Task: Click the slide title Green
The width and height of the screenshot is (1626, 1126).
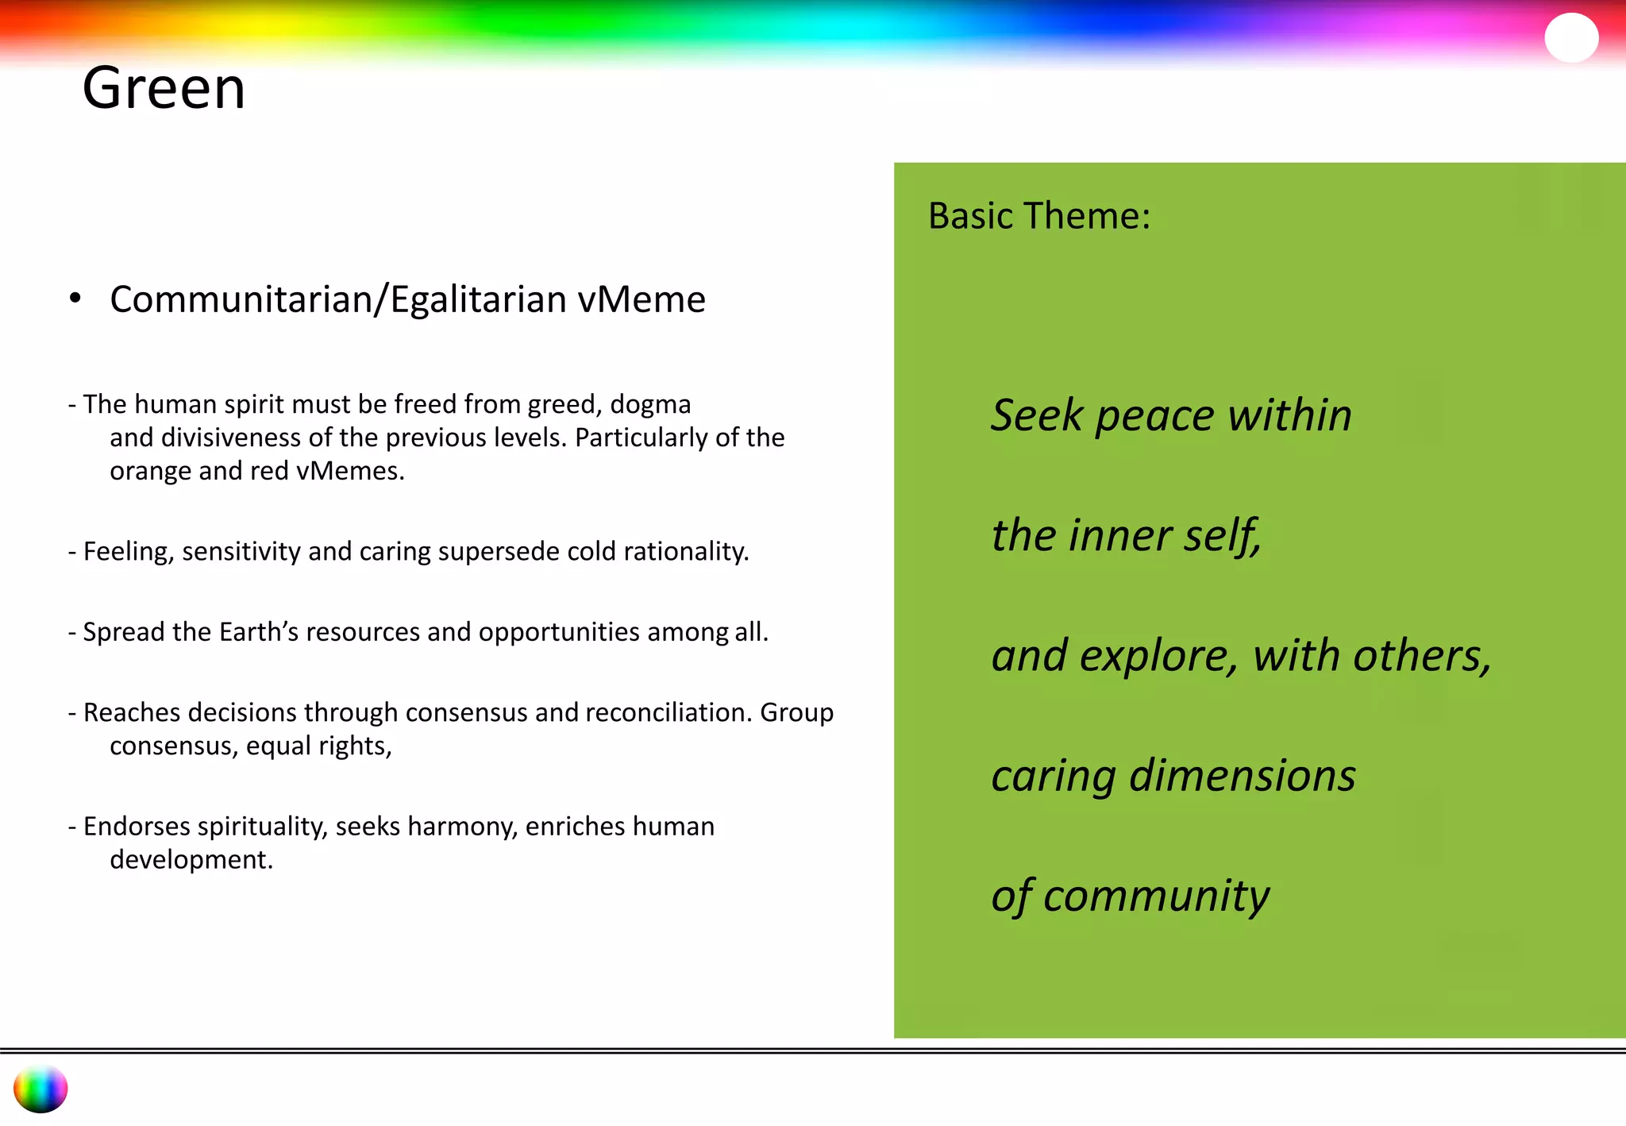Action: [164, 88]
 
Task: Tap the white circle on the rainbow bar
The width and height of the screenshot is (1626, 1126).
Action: [1570, 37]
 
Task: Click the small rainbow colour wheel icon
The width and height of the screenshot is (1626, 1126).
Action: [40, 1089]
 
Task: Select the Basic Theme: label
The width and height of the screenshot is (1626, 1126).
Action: [1038, 216]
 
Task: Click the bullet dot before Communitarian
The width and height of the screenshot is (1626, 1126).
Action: [75, 299]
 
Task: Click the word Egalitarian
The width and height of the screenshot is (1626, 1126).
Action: [479, 299]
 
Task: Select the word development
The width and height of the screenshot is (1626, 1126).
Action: [191, 860]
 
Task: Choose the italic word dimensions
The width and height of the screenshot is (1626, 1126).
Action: [1243, 776]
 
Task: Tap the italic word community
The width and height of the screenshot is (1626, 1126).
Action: [1156, 897]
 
